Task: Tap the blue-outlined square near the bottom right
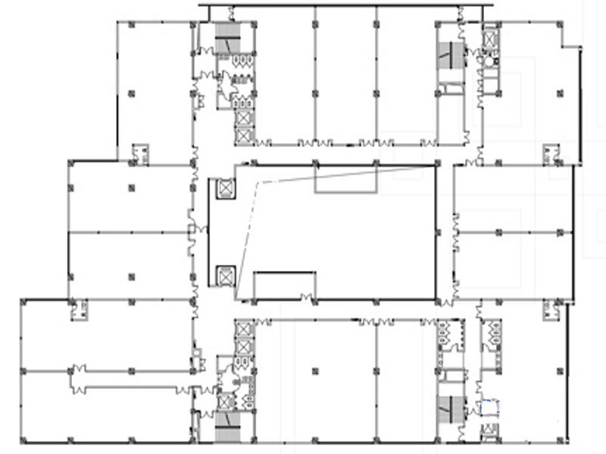(492, 408)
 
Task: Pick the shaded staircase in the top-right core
(452, 54)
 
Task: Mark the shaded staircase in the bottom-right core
(452, 409)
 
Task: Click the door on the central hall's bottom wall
(307, 297)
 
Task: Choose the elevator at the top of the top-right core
(491, 36)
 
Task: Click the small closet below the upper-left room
(139, 153)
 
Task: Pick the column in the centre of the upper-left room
(131, 94)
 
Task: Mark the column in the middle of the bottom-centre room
(315, 371)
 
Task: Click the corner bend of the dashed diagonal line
(258, 182)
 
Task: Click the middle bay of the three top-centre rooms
(345, 76)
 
